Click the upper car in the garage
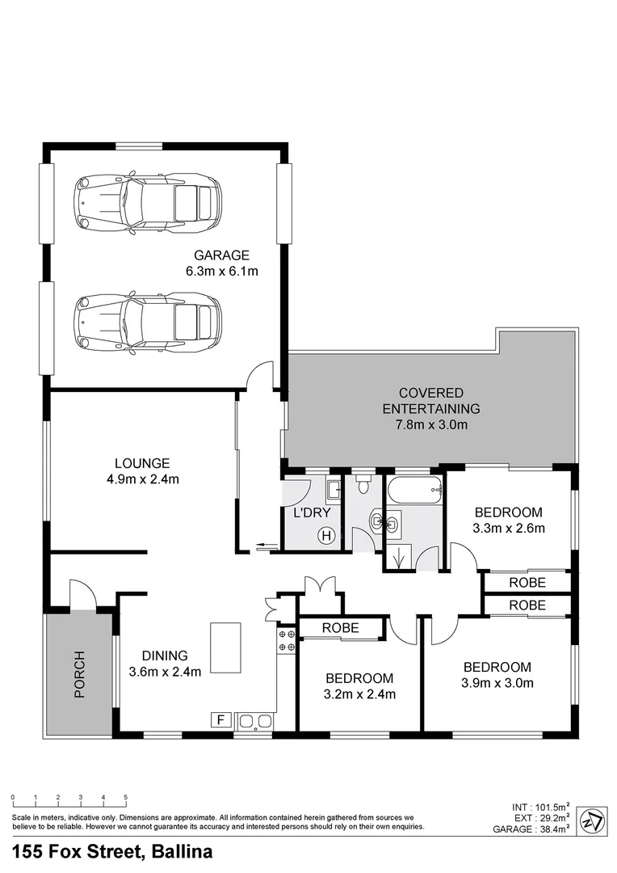[148, 201]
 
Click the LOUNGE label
[141, 463]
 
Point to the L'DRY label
[312, 513]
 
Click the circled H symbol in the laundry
[326, 534]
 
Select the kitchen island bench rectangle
[225, 647]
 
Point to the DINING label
[165, 656]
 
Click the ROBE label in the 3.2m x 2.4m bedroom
[341, 627]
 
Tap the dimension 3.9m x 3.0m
[497, 683]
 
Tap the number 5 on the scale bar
[125, 798]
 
